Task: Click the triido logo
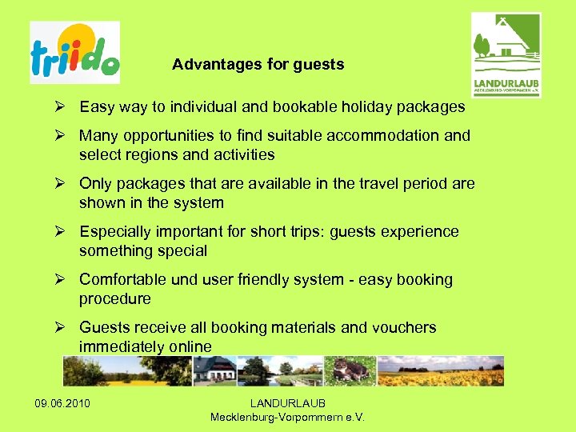pyautogui.click(x=74, y=53)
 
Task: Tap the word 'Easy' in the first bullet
pyautogui.click(x=97, y=106)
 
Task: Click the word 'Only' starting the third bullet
pyautogui.click(x=95, y=183)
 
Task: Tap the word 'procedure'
pyautogui.click(x=114, y=298)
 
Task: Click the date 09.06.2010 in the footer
pyautogui.click(x=62, y=402)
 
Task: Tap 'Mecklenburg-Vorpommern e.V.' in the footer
pyautogui.click(x=287, y=417)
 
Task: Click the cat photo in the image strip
pyautogui.click(x=350, y=370)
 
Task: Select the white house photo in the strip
pyautogui.click(x=214, y=370)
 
